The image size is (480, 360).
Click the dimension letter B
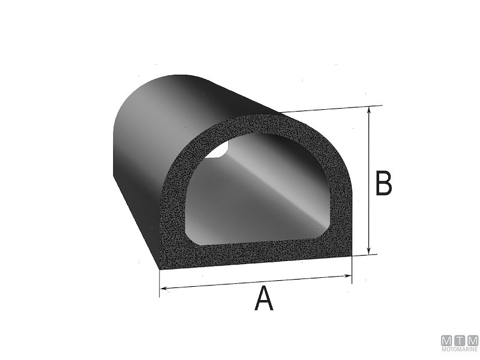click(x=383, y=184)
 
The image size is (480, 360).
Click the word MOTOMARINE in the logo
click(x=459, y=349)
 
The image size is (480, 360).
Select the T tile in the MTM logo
click(x=460, y=339)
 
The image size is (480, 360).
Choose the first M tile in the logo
click(x=447, y=339)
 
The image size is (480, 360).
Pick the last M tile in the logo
click(x=472, y=339)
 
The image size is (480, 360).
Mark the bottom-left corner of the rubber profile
click(x=160, y=267)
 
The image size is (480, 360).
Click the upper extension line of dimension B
click(x=330, y=109)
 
